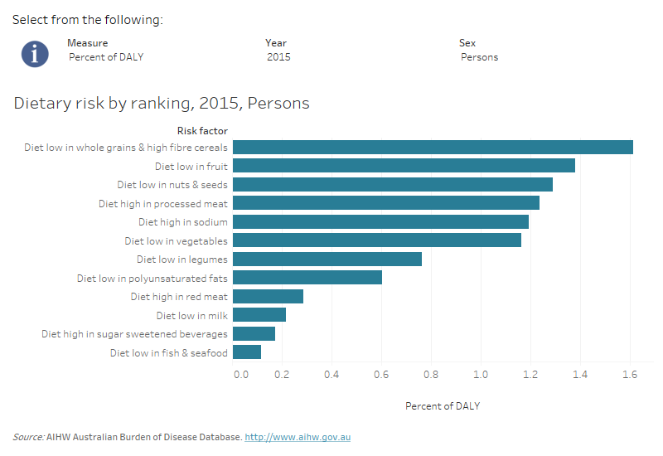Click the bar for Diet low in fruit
(x=404, y=166)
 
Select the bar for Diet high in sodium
(x=380, y=222)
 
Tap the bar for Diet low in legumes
(x=327, y=260)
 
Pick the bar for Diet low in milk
(x=259, y=315)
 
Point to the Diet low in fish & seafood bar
(x=247, y=352)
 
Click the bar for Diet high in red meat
(x=268, y=297)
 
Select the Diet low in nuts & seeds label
(x=172, y=185)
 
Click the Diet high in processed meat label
(x=163, y=203)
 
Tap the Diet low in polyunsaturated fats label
(x=152, y=279)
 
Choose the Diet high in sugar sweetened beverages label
(x=134, y=334)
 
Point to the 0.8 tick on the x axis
(x=431, y=375)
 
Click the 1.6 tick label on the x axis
(x=630, y=375)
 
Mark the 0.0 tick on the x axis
(x=240, y=375)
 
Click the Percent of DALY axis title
(x=443, y=406)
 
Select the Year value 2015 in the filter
(x=279, y=57)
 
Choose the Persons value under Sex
(x=480, y=57)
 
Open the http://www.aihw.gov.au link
(x=298, y=437)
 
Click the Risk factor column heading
(x=202, y=130)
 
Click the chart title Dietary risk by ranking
(x=162, y=104)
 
